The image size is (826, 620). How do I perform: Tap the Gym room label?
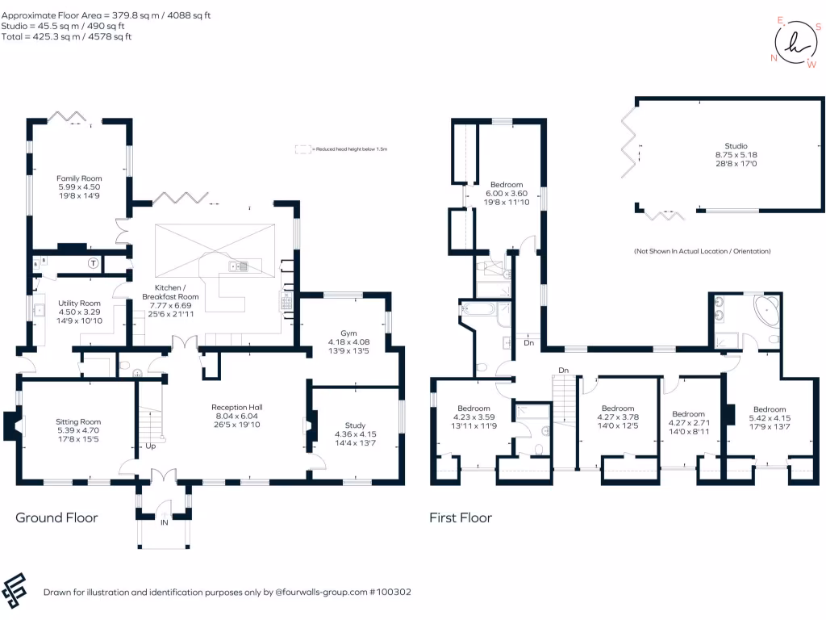(348, 332)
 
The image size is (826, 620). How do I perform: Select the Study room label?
(355, 425)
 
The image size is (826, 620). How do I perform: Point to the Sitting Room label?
(78, 421)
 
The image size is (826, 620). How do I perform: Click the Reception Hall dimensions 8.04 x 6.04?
(237, 416)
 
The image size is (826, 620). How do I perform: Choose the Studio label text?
(736, 145)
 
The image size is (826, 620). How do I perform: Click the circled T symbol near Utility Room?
(94, 263)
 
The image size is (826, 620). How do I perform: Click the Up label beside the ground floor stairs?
(151, 446)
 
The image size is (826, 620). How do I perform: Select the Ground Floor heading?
(56, 517)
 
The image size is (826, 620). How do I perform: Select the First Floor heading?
(461, 517)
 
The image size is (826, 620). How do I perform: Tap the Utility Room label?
(78, 303)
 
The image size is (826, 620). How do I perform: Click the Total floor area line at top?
(66, 37)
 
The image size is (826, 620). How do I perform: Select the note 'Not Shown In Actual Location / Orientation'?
(702, 252)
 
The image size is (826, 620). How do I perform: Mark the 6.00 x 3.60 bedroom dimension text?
(507, 194)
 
